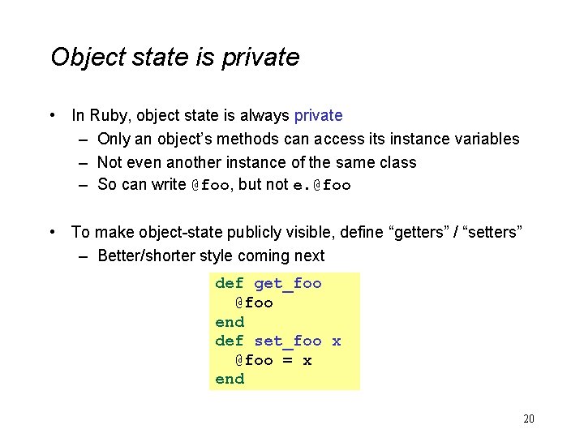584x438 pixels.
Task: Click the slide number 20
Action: [529, 419]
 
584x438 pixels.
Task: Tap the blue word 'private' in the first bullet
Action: [318, 116]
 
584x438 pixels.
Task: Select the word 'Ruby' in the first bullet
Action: [108, 116]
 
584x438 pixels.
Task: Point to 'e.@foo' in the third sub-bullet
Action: [322, 185]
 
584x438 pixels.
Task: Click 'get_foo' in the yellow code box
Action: [288, 283]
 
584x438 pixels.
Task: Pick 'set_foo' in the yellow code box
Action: [288, 341]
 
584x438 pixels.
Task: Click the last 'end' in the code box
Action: [230, 379]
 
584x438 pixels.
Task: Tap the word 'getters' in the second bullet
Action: [421, 233]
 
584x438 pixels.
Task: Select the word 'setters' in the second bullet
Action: [492, 233]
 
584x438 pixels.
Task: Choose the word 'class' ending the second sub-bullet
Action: [397, 162]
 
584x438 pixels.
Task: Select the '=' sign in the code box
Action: [287, 360]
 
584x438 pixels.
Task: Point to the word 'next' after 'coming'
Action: [309, 256]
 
